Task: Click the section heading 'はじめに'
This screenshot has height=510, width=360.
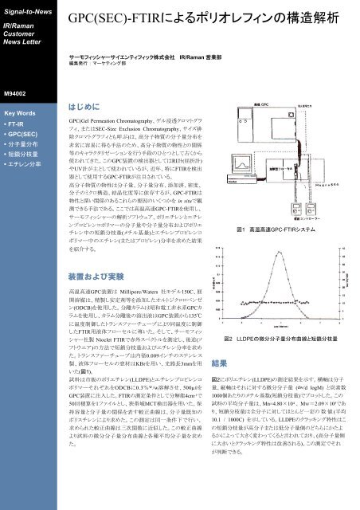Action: pyautogui.click(x=83, y=104)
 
